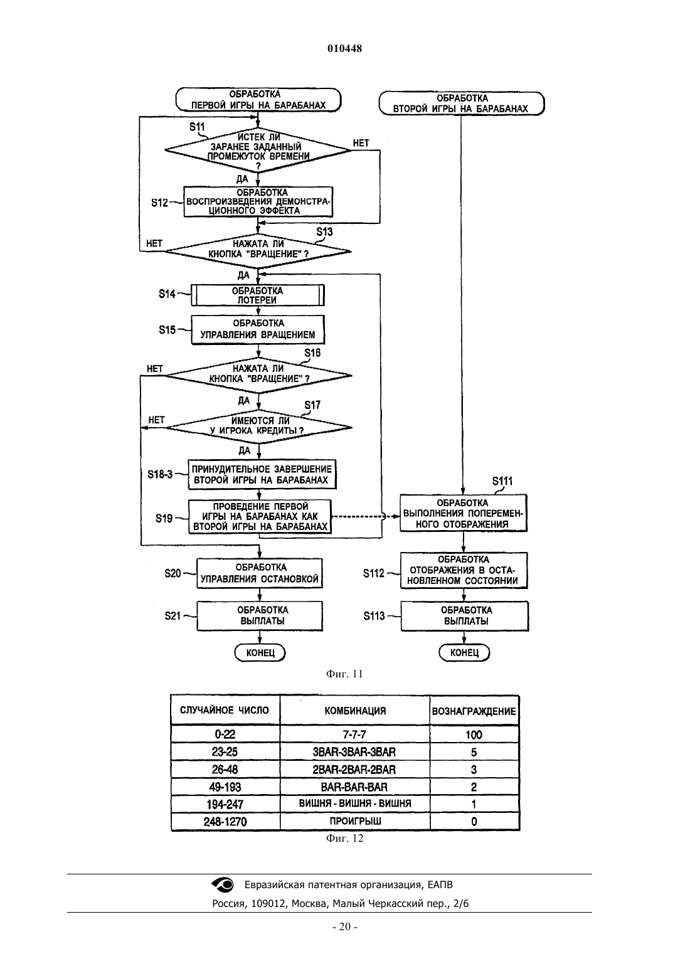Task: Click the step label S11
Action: tap(197, 127)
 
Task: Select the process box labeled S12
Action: tap(258, 202)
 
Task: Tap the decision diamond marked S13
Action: tap(258, 252)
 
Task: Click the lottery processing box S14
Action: tap(258, 295)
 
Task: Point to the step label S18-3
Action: tap(160, 474)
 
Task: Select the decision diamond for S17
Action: tap(258, 427)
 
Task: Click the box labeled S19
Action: tap(260, 517)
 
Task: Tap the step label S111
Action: tap(502, 481)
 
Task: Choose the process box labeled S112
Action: tap(464, 570)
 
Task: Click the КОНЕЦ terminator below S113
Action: tap(464, 652)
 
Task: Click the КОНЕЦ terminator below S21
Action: tap(260, 652)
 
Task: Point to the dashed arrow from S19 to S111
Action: tap(366, 516)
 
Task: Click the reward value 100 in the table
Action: tap(474, 735)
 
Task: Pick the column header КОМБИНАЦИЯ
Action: tap(355, 711)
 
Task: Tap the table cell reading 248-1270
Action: tap(225, 822)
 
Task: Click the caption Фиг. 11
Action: tap(344, 674)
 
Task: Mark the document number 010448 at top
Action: tap(344, 48)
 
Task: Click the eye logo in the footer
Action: tap(222, 884)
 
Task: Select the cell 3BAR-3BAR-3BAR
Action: tap(354, 752)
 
